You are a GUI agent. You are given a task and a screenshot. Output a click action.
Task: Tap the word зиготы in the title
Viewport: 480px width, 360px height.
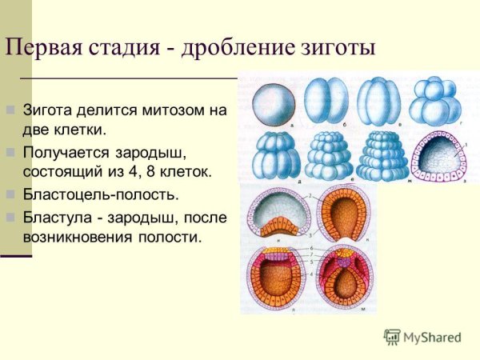[343, 47]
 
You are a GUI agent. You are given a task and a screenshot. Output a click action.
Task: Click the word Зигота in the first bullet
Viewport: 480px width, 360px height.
[50, 110]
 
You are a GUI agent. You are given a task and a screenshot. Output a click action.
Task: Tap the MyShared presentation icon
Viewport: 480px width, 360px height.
[392, 337]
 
